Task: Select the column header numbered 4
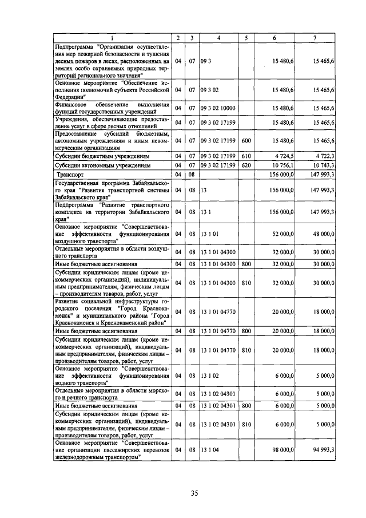tap(218, 38)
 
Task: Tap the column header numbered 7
tap(315, 38)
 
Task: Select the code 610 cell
tap(246, 155)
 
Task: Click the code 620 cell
tap(246, 165)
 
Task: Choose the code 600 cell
tap(246, 140)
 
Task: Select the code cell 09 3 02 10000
tap(218, 108)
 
